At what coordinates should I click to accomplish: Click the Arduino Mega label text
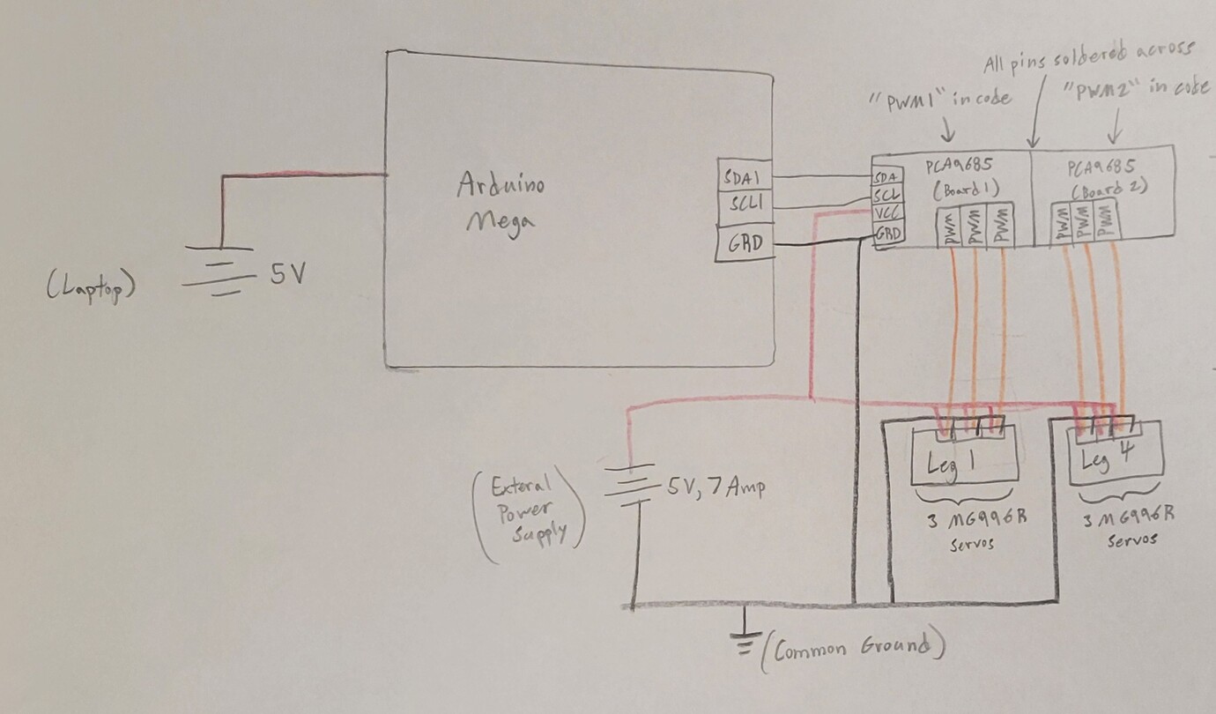click(x=500, y=201)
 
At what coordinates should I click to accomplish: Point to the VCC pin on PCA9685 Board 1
click(x=886, y=215)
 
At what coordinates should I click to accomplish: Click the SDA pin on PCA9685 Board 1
click(x=885, y=177)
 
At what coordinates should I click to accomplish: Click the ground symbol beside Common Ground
click(x=745, y=643)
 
